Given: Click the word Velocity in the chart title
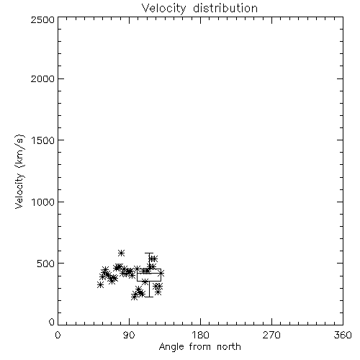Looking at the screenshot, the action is [x=164, y=9].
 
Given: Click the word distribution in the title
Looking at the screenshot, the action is [x=225, y=8].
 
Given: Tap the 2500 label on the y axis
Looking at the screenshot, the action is [x=43, y=19].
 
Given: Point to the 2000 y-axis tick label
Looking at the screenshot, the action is [x=43, y=78].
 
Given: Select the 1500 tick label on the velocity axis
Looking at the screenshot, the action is [x=43, y=140].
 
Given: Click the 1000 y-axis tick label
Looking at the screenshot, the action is [x=43, y=202].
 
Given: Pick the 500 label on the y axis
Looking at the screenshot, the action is [x=46, y=264].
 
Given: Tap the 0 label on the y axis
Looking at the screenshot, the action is [x=52, y=322].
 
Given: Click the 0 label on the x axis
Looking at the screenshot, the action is [x=58, y=335].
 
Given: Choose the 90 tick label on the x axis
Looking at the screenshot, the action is [x=129, y=335].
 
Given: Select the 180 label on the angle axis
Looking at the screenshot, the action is [x=200, y=335].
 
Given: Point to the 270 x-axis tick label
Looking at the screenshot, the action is [x=271, y=335].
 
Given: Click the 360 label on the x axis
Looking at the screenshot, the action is [x=343, y=335].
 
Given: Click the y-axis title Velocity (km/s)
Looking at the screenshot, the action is [x=19, y=171].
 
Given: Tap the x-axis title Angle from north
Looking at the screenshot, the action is [x=200, y=347].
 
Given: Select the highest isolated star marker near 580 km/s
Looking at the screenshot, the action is [x=121, y=253].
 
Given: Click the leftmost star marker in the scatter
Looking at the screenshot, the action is [x=100, y=285].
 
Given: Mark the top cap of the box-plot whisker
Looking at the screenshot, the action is [x=149, y=253].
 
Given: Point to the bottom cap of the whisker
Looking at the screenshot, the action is [x=149, y=297].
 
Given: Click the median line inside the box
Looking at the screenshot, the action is [x=149, y=273].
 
